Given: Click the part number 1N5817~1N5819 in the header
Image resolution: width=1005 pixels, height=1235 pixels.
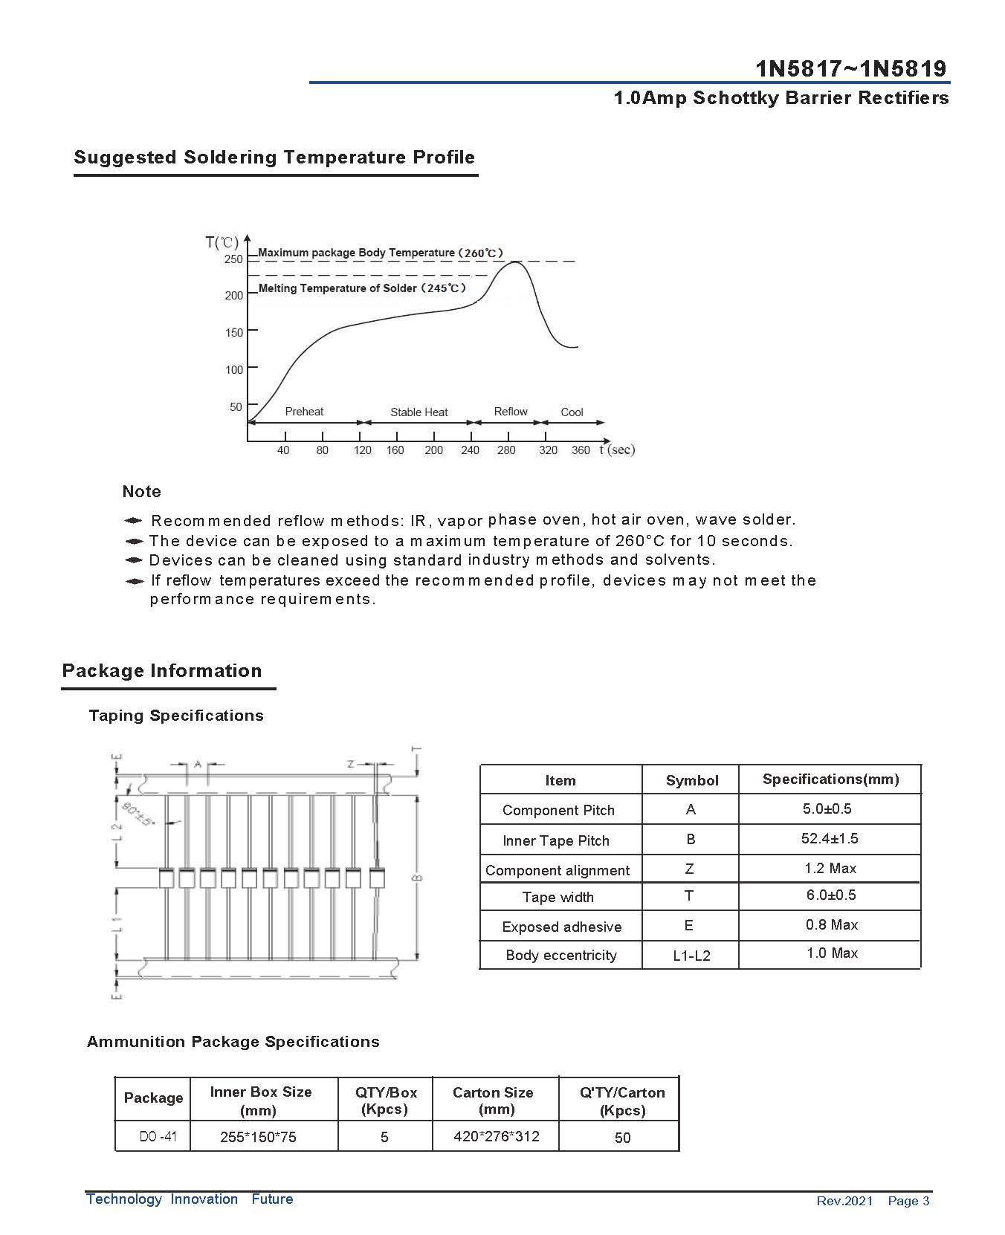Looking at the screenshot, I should click(x=851, y=69).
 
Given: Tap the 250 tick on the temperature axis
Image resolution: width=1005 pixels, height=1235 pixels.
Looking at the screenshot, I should click(x=233, y=259).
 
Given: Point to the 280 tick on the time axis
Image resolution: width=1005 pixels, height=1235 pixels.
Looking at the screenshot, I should click(x=506, y=450).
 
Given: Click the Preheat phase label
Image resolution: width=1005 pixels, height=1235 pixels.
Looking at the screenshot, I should click(x=304, y=412).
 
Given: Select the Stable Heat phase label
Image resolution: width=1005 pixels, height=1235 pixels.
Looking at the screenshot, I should click(x=419, y=412).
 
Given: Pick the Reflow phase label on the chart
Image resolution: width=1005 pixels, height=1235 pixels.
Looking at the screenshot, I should click(x=511, y=412).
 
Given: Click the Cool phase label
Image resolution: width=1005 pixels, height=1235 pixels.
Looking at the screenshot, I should click(x=572, y=412).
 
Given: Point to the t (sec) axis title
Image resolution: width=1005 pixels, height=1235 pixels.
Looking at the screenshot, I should click(x=617, y=450).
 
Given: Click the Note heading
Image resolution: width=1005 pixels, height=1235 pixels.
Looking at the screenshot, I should click(x=141, y=492).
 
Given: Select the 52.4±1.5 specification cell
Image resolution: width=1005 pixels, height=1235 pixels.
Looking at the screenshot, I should click(x=830, y=839).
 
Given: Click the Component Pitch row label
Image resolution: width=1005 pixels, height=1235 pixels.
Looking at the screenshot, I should click(x=558, y=810).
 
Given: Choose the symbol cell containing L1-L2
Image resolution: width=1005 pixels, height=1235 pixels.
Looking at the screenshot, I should click(x=691, y=956).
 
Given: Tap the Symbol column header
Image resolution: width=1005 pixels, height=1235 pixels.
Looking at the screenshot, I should click(x=691, y=780).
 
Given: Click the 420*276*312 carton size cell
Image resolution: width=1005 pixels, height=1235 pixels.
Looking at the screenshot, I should click(x=496, y=1136).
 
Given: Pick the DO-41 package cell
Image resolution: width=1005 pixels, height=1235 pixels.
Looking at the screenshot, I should click(x=158, y=1137).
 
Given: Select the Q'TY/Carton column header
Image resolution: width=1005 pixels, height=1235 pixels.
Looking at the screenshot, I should click(x=622, y=1101).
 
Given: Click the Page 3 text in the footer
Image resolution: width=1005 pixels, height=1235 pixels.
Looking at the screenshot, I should click(x=908, y=1201).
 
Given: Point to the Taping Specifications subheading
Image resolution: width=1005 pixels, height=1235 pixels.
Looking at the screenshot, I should click(x=175, y=716).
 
